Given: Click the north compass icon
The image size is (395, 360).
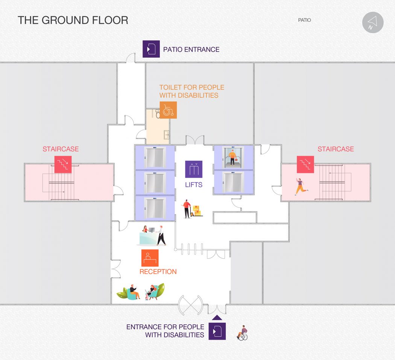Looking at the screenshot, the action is point(373,23).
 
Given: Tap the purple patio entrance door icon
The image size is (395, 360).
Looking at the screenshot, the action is point(151,49).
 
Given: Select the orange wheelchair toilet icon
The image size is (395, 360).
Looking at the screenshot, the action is point(168,110).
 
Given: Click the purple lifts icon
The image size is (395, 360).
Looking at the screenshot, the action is point(194,169).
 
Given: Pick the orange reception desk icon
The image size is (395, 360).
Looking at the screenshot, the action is point(150,258).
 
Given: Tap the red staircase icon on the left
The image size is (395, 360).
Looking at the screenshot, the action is point(63,164).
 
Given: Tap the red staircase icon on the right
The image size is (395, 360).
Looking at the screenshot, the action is point(305,164).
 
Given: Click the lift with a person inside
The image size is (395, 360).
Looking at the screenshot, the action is point(233,158).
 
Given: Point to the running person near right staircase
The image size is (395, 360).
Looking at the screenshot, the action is point(301,187).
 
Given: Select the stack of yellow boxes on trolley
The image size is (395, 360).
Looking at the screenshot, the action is point(196,211).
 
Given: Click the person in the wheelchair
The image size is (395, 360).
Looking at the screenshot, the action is point(242,333).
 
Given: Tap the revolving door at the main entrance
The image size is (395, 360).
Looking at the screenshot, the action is point(190,305).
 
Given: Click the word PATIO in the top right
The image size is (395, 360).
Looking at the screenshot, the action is point(304,20).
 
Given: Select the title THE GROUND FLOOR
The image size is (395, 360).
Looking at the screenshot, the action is point(73,20).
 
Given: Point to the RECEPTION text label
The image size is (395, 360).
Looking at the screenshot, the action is point(158,272).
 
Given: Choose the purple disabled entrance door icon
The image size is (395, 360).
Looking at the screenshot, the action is point(217,331).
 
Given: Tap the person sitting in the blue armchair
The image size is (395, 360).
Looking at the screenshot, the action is point(133,292).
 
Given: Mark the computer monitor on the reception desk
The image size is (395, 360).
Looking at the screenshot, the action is point(152,230).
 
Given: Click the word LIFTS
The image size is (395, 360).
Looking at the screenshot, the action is point(194,185).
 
